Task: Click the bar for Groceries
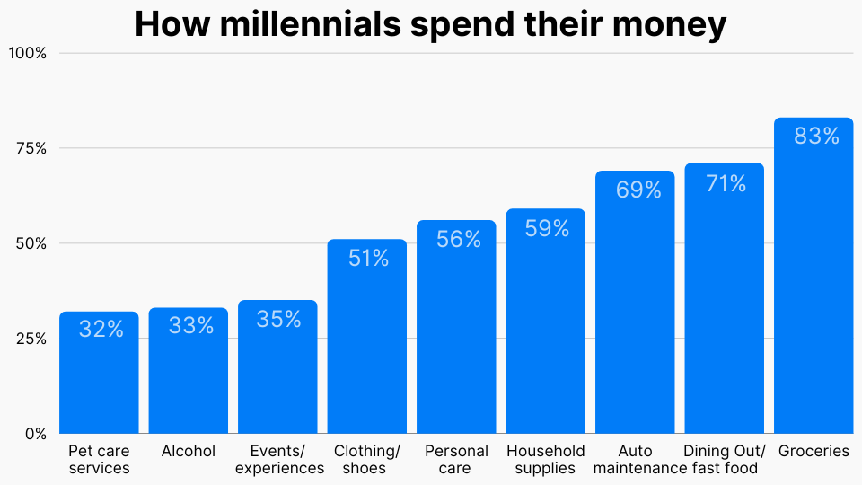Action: (814, 287)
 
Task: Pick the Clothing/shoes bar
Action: (367, 350)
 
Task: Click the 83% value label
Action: (816, 137)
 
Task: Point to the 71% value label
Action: (725, 184)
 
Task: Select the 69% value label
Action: (638, 190)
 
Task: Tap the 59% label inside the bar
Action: (546, 229)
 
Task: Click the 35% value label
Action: (278, 320)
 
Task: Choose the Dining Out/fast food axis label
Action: (725, 460)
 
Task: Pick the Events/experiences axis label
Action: (277, 460)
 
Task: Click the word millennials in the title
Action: (311, 25)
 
